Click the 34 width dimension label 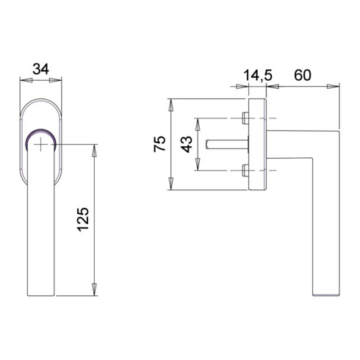click(41, 69)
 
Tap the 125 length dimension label click(83, 220)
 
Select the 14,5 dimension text click(258, 75)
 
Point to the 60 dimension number click(303, 75)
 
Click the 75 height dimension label click(159, 144)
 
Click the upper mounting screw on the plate click(245, 118)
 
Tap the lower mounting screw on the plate click(245, 170)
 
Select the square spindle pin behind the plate click(227, 144)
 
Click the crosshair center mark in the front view click(41, 144)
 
